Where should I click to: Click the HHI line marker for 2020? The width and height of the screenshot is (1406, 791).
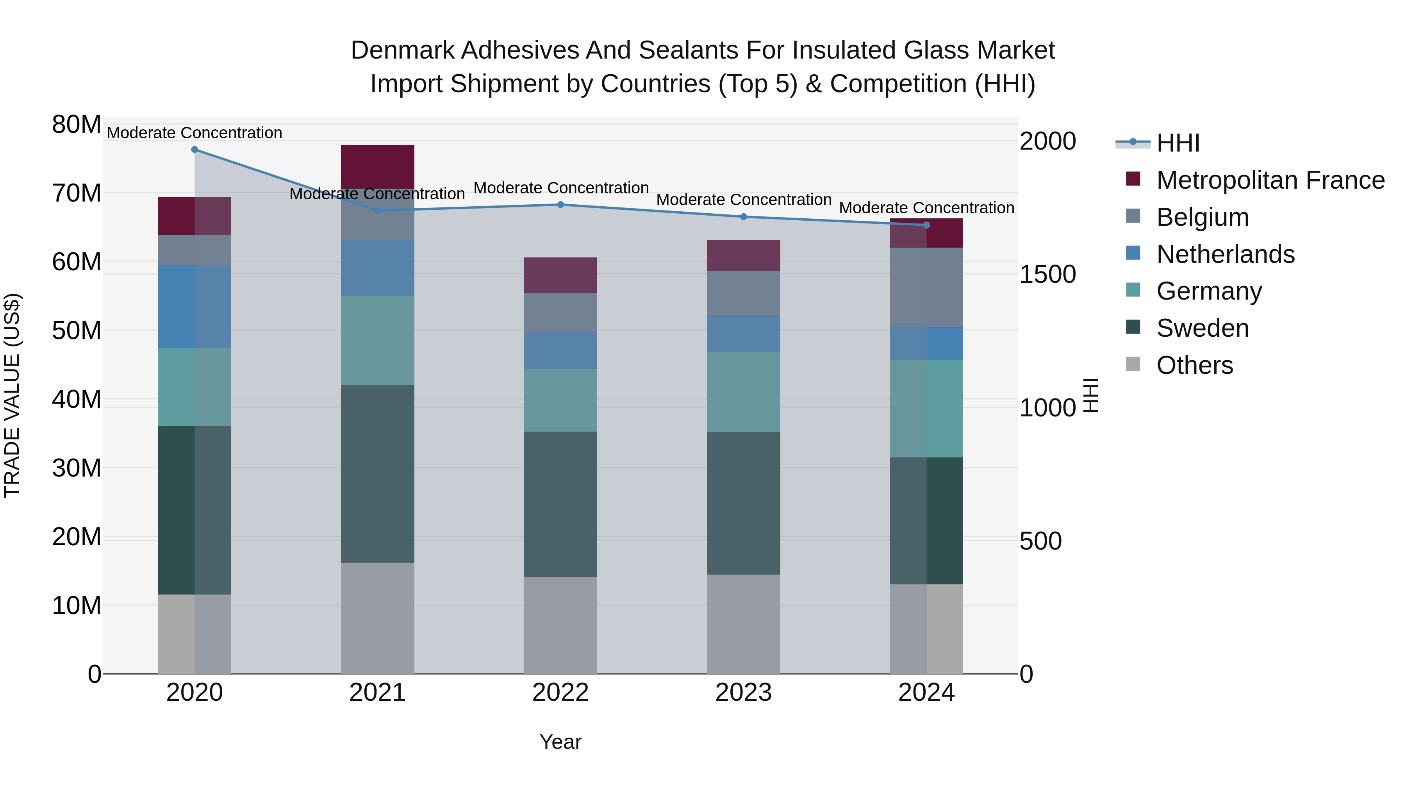(194, 150)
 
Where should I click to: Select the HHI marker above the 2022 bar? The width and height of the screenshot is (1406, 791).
(560, 205)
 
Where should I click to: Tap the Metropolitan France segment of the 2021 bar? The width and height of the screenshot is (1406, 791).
(377, 166)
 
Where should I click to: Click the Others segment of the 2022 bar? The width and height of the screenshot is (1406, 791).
(560, 625)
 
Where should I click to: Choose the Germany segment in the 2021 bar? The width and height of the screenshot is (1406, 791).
(377, 341)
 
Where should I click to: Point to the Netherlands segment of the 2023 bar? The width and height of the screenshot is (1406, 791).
(743, 334)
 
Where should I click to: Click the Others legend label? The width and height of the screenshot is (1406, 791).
(1194, 365)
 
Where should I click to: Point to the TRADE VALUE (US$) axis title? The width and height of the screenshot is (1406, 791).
(12, 395)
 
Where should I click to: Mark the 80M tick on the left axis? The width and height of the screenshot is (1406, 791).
(77, 125)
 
